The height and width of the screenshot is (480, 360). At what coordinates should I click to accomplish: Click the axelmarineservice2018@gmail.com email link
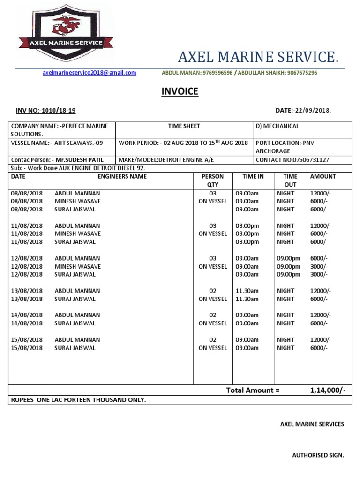coord(89,73)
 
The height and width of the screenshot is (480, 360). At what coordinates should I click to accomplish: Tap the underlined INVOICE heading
coord(180,91)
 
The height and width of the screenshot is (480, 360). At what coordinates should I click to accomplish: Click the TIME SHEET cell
coord(184,126)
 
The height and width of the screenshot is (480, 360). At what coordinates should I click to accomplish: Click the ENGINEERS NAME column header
coord(122,177)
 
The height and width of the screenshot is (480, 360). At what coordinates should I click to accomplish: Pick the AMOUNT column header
coord(323,177)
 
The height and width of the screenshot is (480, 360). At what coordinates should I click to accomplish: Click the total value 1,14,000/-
coord(328,390)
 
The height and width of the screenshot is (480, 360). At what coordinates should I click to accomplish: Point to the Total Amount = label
coord(253,390)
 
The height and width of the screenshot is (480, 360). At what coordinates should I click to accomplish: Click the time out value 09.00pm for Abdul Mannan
coord(288,258)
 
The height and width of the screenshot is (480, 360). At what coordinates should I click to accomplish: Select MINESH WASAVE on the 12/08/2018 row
coord(78,266)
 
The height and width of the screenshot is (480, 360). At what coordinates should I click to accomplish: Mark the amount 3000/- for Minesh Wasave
coord(319,266)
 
